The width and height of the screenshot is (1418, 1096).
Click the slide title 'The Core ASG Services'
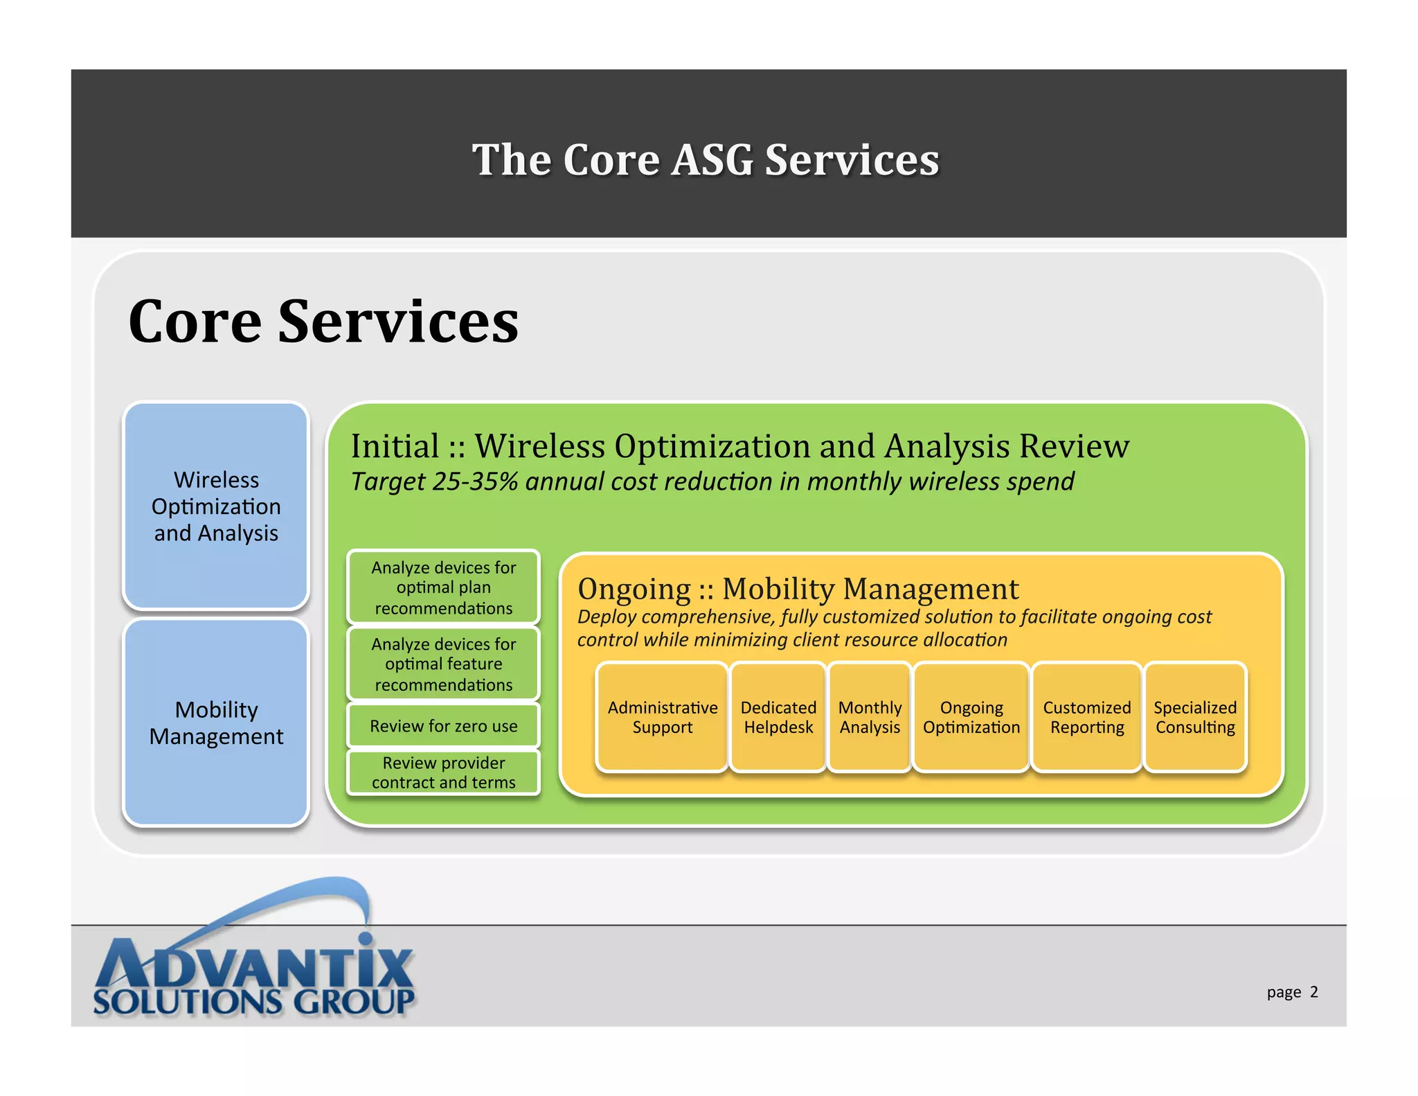tap(706, 160)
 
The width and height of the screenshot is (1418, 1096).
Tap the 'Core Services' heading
tap(323, 321)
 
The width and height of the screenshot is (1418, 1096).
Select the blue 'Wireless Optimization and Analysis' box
tap(216, 506)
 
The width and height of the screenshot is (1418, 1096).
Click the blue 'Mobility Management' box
tap(216, 723)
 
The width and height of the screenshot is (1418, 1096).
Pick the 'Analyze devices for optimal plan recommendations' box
tap(443, 587)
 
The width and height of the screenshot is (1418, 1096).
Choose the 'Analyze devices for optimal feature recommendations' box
tap(443, 664)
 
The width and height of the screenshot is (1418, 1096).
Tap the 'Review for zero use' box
tap(443, 726)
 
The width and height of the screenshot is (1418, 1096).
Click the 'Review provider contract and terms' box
tap(443, 772)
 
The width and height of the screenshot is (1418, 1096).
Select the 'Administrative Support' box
tap(662, 717)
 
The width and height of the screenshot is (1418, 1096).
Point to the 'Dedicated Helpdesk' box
tap(778, 717)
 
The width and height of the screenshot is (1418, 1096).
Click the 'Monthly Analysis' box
tap(870, 717)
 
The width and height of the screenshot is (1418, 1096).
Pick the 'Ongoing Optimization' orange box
tap(971, 717)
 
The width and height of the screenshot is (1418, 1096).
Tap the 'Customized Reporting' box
tap(1086, 717)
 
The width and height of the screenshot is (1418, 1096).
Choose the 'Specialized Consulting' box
tap(1195, 717)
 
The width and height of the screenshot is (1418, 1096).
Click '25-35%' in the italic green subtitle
tap(475, 481)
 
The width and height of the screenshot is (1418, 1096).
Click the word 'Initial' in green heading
tap(395, 446)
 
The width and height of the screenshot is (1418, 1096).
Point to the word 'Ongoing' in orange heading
tap(634, 590)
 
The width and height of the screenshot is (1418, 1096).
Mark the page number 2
tap(1313, 991)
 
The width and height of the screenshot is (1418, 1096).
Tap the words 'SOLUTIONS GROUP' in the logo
tap(253, 1002)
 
